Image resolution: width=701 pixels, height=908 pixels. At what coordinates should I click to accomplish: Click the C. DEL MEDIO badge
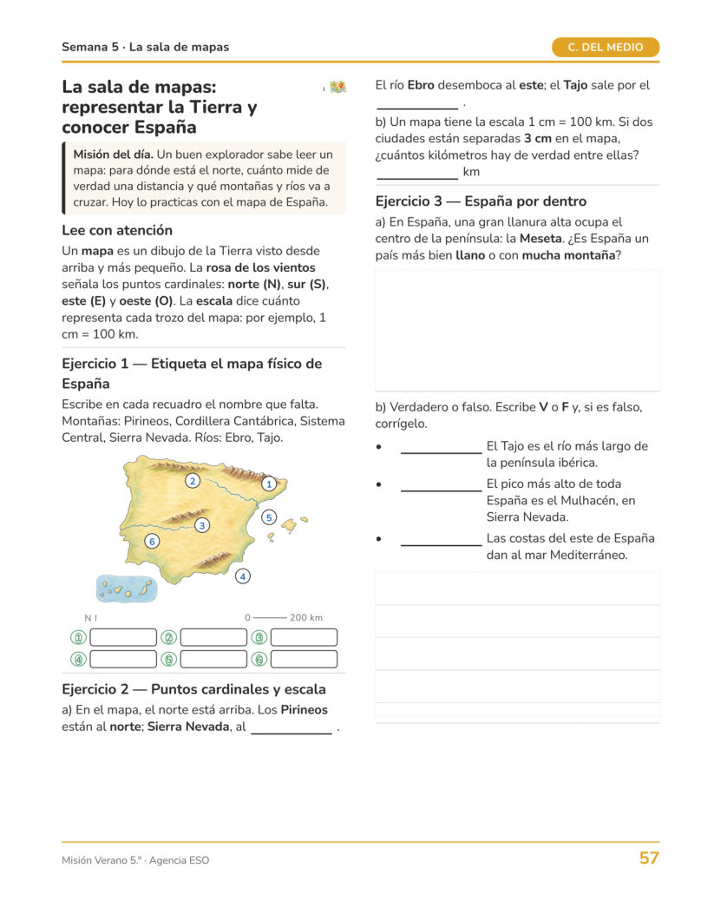point(605,48)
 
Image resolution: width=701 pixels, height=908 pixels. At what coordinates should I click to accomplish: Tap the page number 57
point(649,858)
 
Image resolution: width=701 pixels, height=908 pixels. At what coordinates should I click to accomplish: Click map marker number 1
point(269,484)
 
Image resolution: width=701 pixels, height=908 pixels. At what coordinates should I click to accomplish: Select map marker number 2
point(193,481)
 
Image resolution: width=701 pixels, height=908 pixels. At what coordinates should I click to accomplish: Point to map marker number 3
point(202,525)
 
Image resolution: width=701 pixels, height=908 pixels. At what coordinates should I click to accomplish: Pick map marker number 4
point(243,576)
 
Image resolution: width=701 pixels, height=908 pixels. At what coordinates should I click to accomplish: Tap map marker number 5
point(269,517)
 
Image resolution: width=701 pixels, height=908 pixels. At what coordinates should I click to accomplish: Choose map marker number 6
point(152,542)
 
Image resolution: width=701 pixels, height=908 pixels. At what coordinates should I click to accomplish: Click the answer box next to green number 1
point(123,637)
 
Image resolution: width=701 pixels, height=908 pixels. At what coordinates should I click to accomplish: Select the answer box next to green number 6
point(304,659)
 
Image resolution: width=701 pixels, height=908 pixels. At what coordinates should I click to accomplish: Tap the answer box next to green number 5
point(213,659)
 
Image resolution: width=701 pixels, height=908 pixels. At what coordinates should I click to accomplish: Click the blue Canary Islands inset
point(126,589)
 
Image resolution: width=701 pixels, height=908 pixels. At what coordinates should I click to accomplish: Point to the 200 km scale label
point(306,617)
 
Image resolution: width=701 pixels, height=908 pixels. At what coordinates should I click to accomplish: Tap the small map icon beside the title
point(337,87)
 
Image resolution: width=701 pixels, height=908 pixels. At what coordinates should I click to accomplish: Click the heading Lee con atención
point(117,231)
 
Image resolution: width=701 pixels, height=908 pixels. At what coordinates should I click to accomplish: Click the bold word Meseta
point(540,239)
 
